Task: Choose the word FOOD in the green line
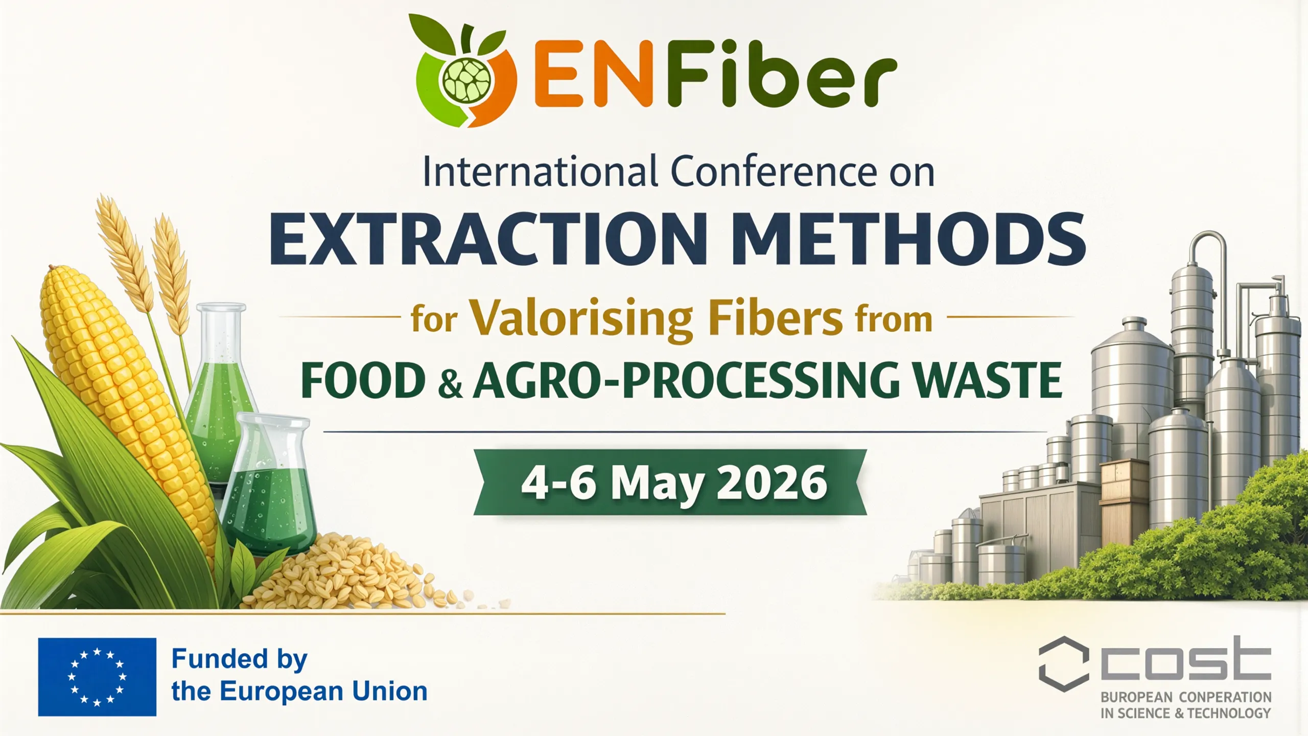pyautogui.click(x=363, y=380)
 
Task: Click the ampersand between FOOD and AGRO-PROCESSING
pyautogui.click(x=450, y=384)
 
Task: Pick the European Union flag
pyautogui.click(x=97, y=677)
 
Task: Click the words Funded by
pyautogui.click(x=239, y=660)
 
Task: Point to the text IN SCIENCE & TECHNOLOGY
pyautogui.click(x=1185, y=714)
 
